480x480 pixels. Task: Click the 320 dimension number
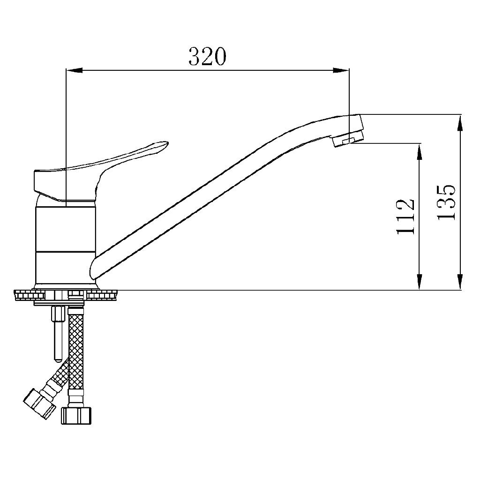(x=207, y=57)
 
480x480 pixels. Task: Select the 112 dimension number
(x=405, y=217)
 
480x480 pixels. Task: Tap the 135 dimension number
(x=446, y=202)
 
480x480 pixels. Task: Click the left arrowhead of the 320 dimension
(x=75, y=71)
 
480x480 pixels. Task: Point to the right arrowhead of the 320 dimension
(x=341, y=71)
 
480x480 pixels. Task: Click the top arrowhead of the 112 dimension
(x=419, y=151)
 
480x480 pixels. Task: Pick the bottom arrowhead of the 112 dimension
(x=419, y=282)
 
